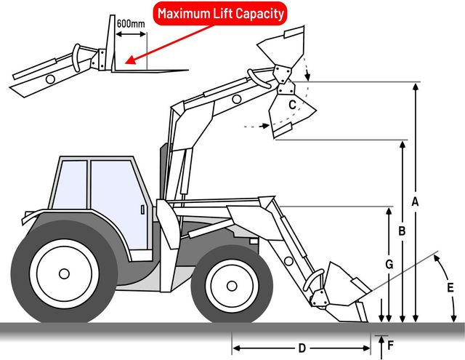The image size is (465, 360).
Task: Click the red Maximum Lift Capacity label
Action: [221, 13]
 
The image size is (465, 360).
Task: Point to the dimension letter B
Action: [401, 231]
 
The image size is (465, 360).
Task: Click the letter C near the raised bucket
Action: [291, 105]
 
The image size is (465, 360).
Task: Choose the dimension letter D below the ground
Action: [302, 347]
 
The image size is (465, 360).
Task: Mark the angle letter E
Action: [450, 287]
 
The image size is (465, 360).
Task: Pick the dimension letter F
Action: [391, 345]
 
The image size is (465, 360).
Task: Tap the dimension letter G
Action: [389, 265]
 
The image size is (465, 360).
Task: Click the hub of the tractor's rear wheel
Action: [64, 273]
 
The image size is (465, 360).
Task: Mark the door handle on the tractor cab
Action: [142, 211]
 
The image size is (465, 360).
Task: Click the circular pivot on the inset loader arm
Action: [51, 77]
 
